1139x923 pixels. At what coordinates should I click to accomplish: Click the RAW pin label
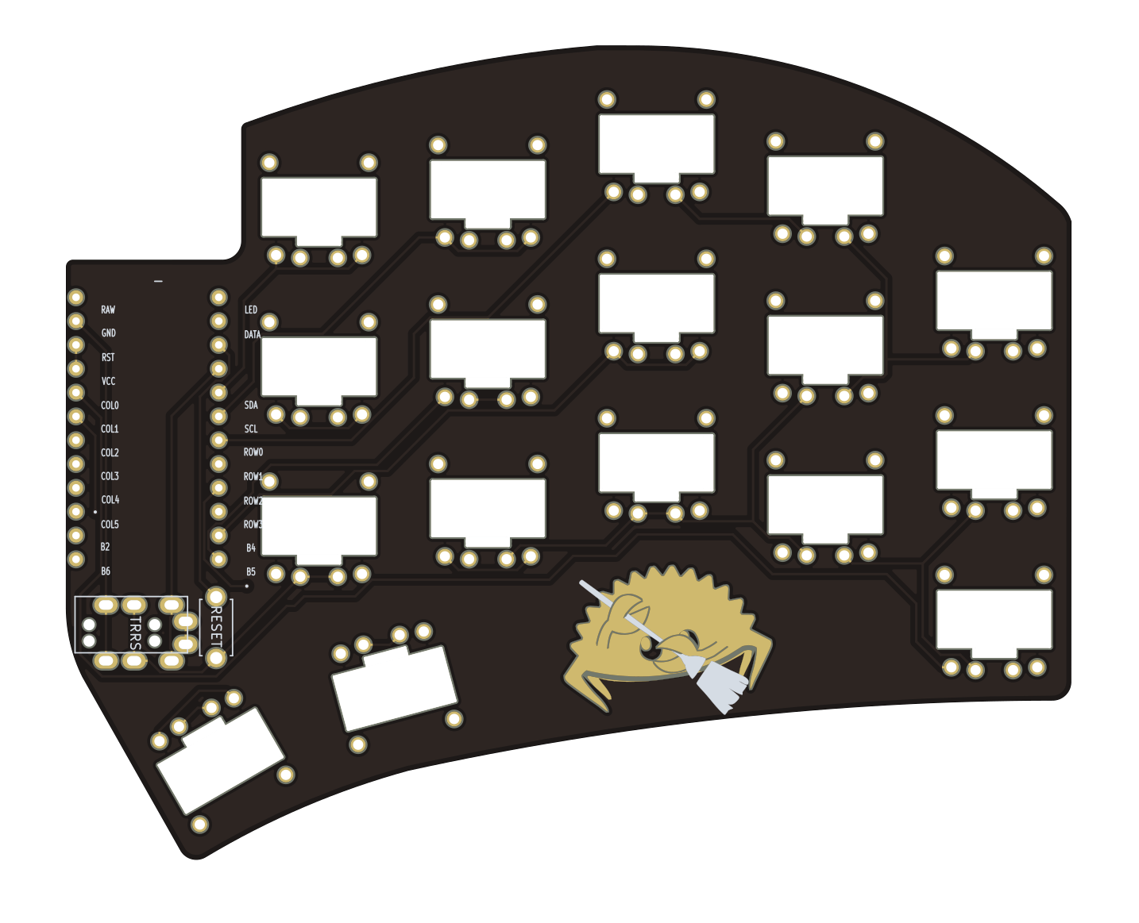pyautogui.click(x=108, y=310)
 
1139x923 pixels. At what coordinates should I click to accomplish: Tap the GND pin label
pyautogui.click(x=108, y=333)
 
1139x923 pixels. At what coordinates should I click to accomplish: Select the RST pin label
pyautogui.click(x=108, y=357)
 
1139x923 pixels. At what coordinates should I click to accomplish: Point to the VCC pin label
pyautogui.click(x=108, y=381)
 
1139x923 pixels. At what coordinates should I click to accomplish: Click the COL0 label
pyautogui.click(x=110, y=405)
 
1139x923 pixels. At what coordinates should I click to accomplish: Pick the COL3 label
pyautogui.click(x=110, y=476)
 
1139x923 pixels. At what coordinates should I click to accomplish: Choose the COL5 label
pyautogui.click(x=110, y=524)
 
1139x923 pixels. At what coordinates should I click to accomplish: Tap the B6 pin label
pyautogui.click(x=106, y=571)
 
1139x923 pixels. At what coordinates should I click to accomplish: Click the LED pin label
pyautogui.click(x=251, y=310)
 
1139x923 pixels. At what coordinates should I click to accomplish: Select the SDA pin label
pyautogui.click(x=251, y=405)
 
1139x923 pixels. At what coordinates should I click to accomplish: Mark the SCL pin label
pyautogui.click(x=251, y=429)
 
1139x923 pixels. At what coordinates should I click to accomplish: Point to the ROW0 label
pyautogui.click(x=253, y=452)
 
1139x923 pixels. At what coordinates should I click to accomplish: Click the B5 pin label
pyautogui.click(x=251, y=571)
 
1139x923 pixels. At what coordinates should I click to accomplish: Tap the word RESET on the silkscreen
pyautogui.click(x=215, y=627)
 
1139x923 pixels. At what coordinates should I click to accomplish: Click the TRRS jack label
pyautogui.click(x=135, y=633)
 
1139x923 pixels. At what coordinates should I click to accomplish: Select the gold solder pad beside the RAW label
pyautogui.click(x=76, y=298)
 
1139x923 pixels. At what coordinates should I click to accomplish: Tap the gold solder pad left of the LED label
pyautogui.click(x=218, y=298)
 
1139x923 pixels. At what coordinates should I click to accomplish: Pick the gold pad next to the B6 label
pyautogui.click(x=76, y=560)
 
